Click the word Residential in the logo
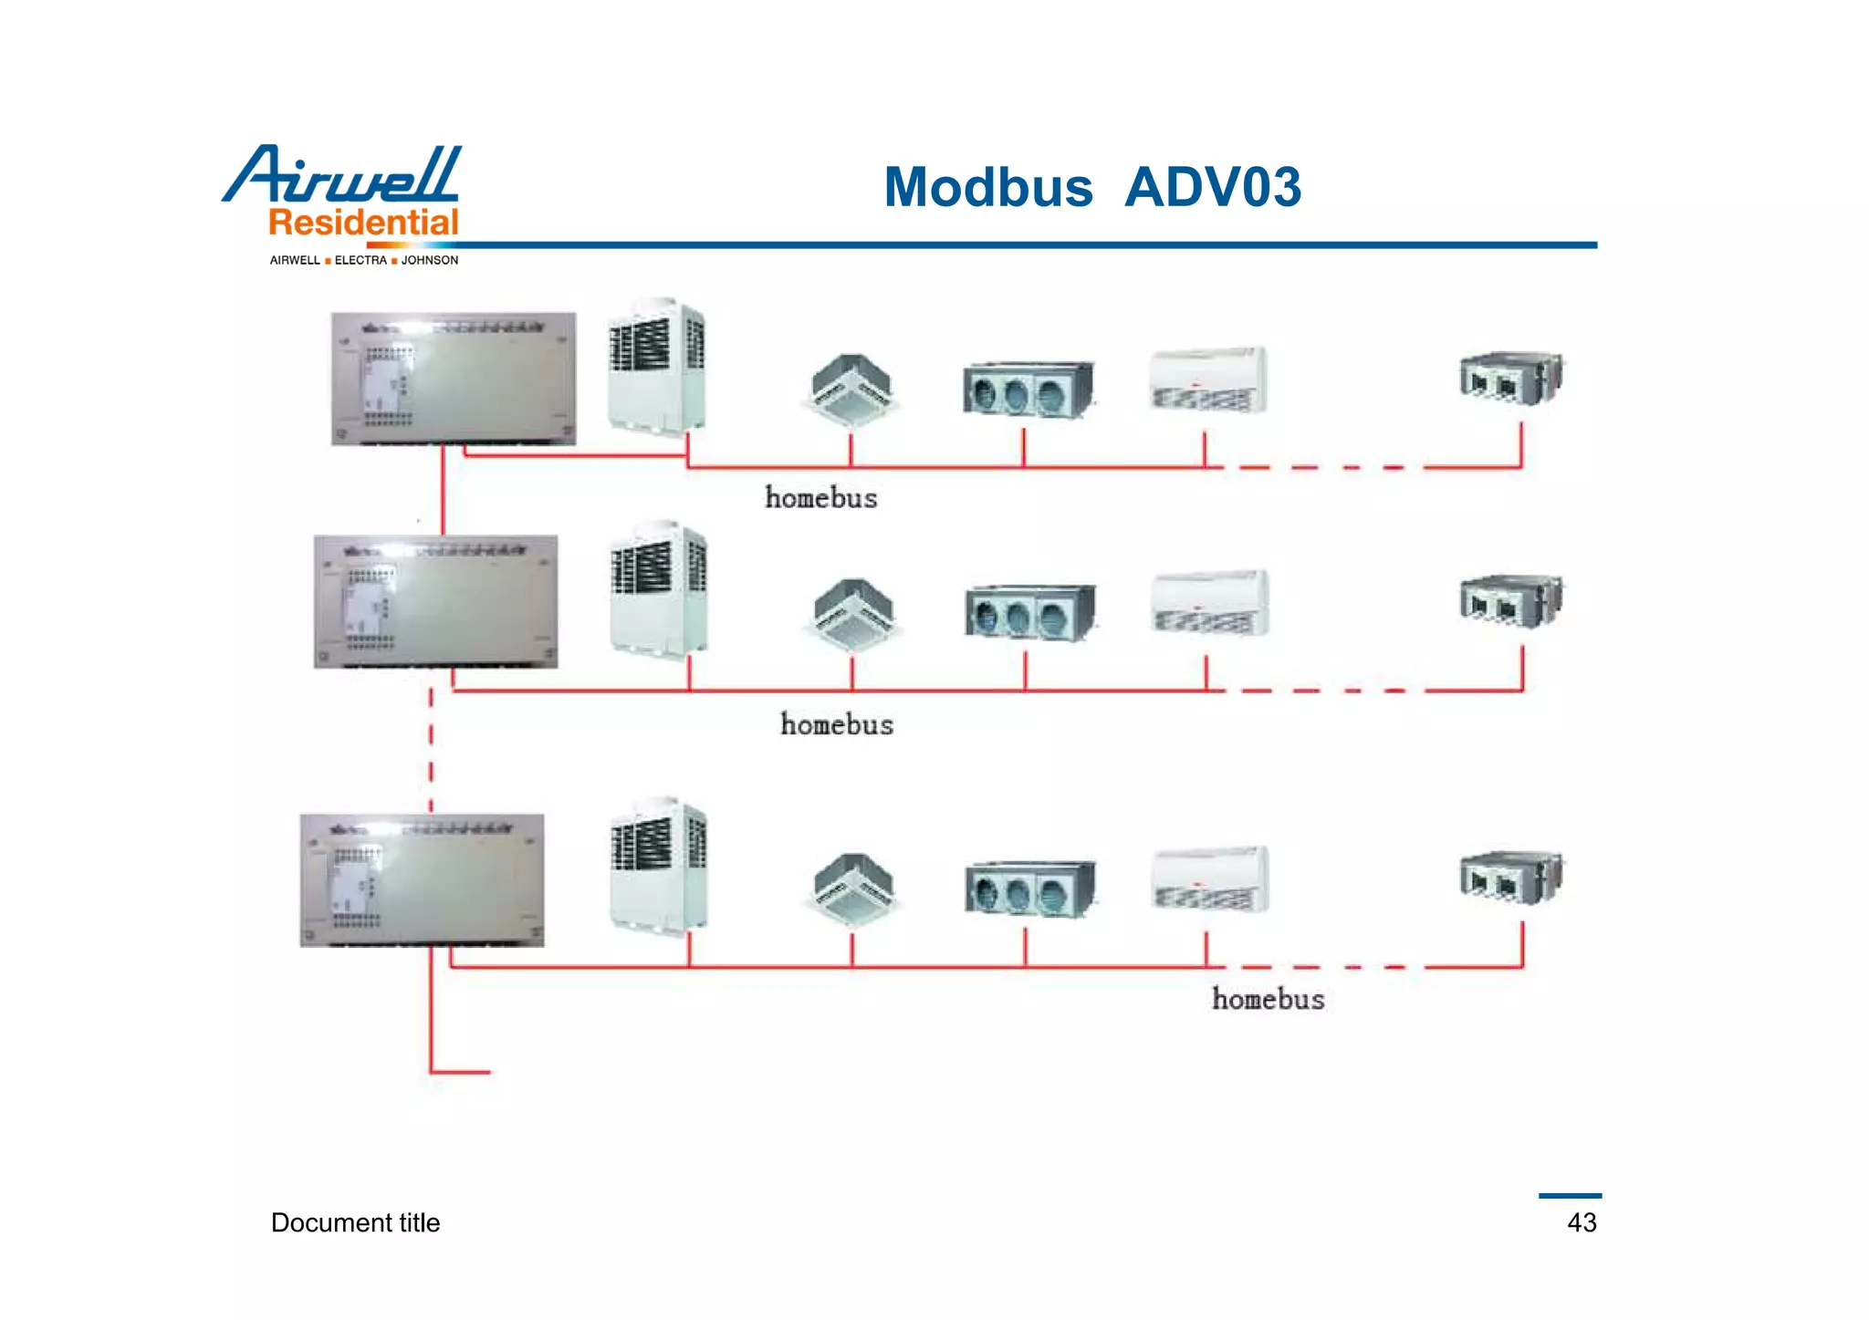363,223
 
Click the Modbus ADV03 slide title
1091,187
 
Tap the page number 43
1582,1222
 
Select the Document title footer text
355,1222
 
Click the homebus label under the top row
820,498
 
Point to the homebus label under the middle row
836,725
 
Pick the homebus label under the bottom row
1268,999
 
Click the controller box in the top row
454,379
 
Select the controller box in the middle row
435,601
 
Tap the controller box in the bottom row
422,880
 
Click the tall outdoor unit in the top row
656,367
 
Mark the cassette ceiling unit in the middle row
853,614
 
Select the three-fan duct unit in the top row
1028,390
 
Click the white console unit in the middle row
1209,602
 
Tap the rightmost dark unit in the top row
1510,378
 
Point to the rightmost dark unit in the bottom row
1510,876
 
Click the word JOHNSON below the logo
430,261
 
